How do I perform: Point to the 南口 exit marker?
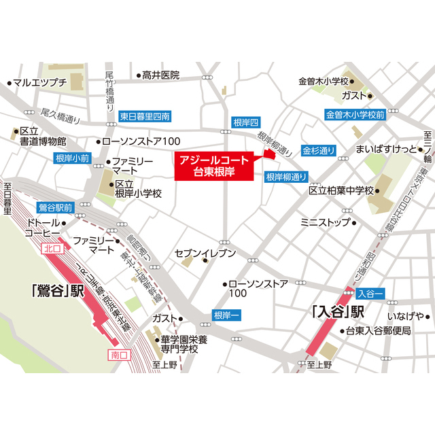click(x=118, y=355)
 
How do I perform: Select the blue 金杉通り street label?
click(x=319, y=150)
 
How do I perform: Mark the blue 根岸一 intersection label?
click(x=226, y=315)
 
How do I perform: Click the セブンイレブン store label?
click(x=205, y=254)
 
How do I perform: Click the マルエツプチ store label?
click(x=40, y=83)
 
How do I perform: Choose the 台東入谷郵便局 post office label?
click(x=378, y=331)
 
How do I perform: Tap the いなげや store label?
click(x=405, y=316)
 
